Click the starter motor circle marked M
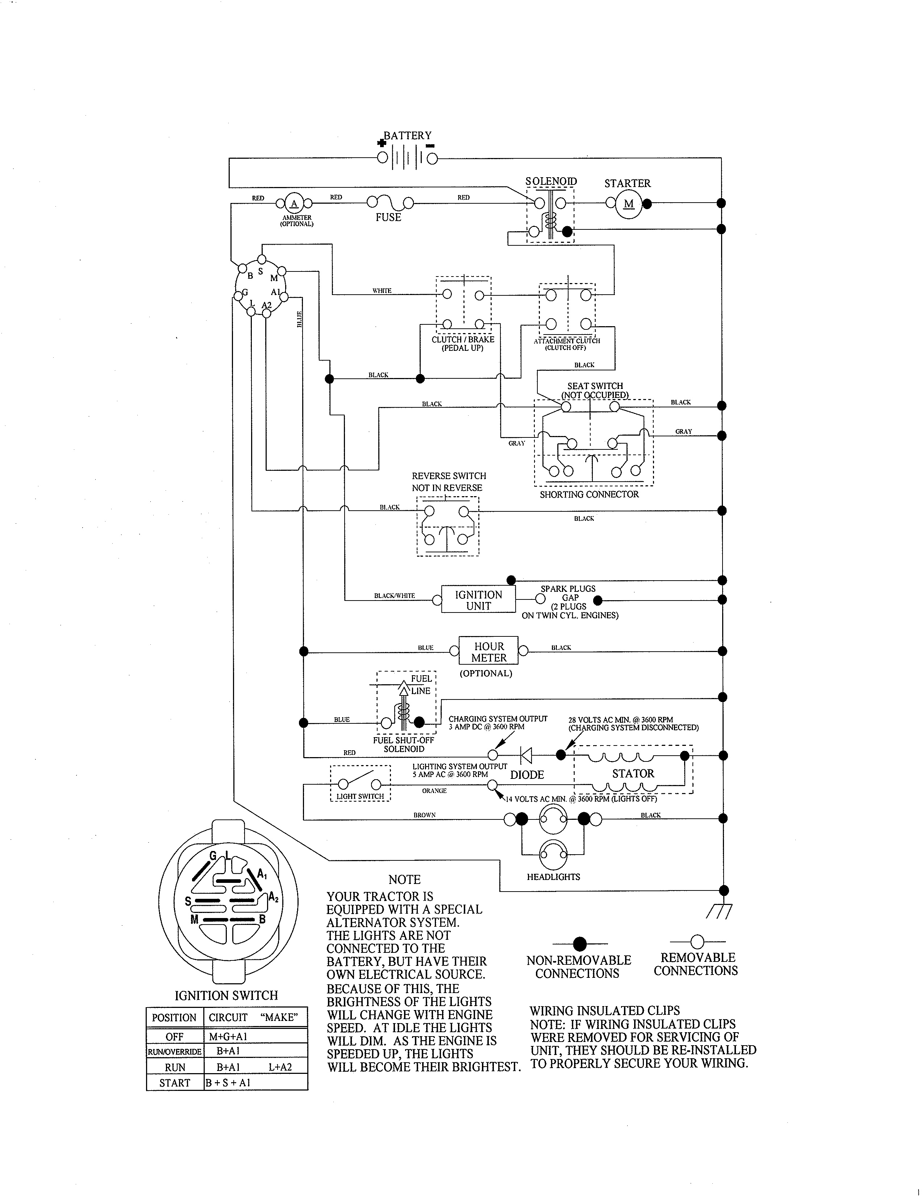pyautogui.click(x=628, y=204)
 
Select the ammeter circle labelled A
pyautogui.click(x=294, y=204)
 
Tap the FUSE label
pyautogui.click(x=388, y=217)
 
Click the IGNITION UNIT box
pyautogui.click(x=478, y=600)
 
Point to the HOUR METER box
pyautogui.click(x=488, y=652)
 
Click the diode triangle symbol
pyautogui.click(x=526, y=756)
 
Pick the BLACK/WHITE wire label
pyautogui.click(x=394, y=596)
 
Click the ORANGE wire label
pyautogui.click(x=434, y=791)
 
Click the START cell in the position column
pyautogui.click(x=174, y=1083)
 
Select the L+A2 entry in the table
pyautogui.click(x=280, y=1067)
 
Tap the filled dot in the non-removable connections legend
pyautogui.click(x=580, y=943)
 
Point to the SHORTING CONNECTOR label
pyautogui.click(x=589, y=494)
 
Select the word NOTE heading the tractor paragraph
pyautogui.click(x=404, y=880)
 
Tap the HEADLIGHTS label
pyautogui.click(x=553, y=877)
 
